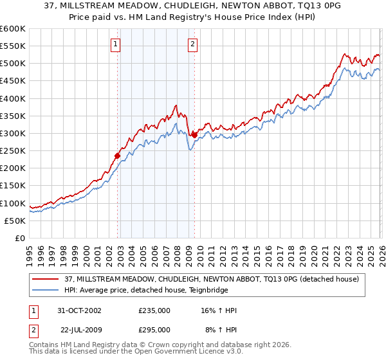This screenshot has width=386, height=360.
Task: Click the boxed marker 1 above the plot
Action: pyautogui.click(x=115, y=44)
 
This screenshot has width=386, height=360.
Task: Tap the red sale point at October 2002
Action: pyautogui.click(x=118, y=156)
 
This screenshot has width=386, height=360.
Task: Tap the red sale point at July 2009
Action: pyautogui.click(x=194, y=135)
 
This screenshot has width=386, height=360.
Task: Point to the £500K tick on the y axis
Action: pyautogui.click(x=14, y=64)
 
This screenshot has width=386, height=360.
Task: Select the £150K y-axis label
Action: pyautogui.click(x=14, y=186)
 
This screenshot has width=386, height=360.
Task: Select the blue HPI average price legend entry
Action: pyautogui.click(x=161, y=290)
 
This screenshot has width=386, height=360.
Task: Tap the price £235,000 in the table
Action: pyautogui.click(x=154, y=310)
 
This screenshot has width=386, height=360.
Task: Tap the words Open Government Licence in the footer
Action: pyautogui.click(x=181, y=353)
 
